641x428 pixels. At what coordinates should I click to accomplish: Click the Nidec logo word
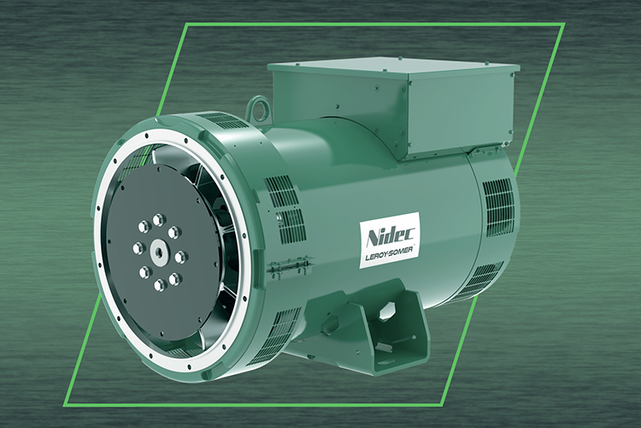click(391, 236)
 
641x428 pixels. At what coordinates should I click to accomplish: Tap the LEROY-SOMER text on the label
click(388, 257)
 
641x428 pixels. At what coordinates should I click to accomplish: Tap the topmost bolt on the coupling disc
click(158, 219)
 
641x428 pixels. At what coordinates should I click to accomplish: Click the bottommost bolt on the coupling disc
click(160, 285)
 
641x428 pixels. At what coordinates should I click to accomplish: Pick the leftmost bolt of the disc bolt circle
click(139, 247)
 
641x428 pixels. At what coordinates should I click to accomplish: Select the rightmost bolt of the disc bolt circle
click(180, 257)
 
